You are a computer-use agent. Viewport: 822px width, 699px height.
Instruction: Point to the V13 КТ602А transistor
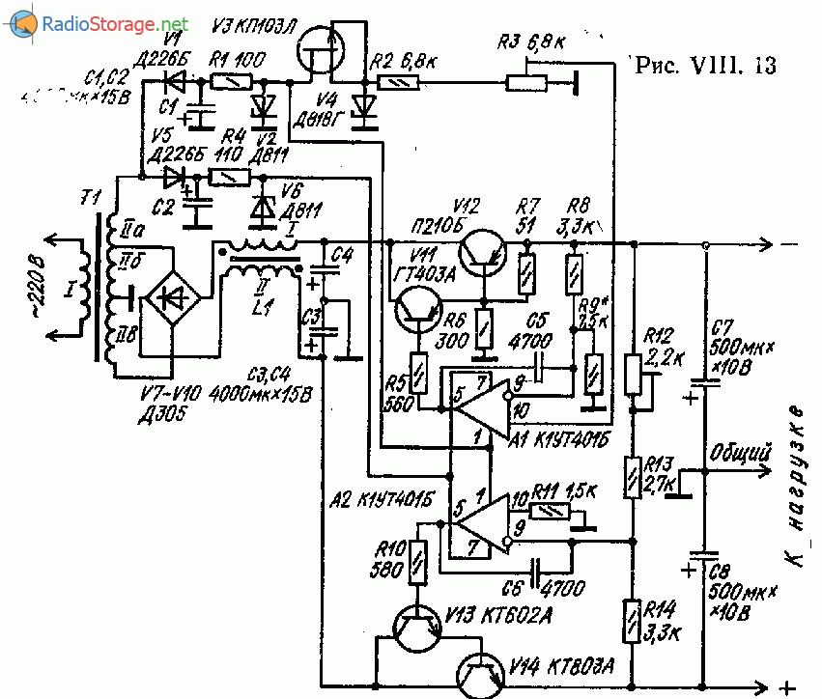(x=416, y=629)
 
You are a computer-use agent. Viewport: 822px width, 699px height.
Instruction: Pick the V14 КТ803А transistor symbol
(x=480, y=674)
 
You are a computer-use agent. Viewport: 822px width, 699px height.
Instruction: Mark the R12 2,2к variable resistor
(x=634, y=374)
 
